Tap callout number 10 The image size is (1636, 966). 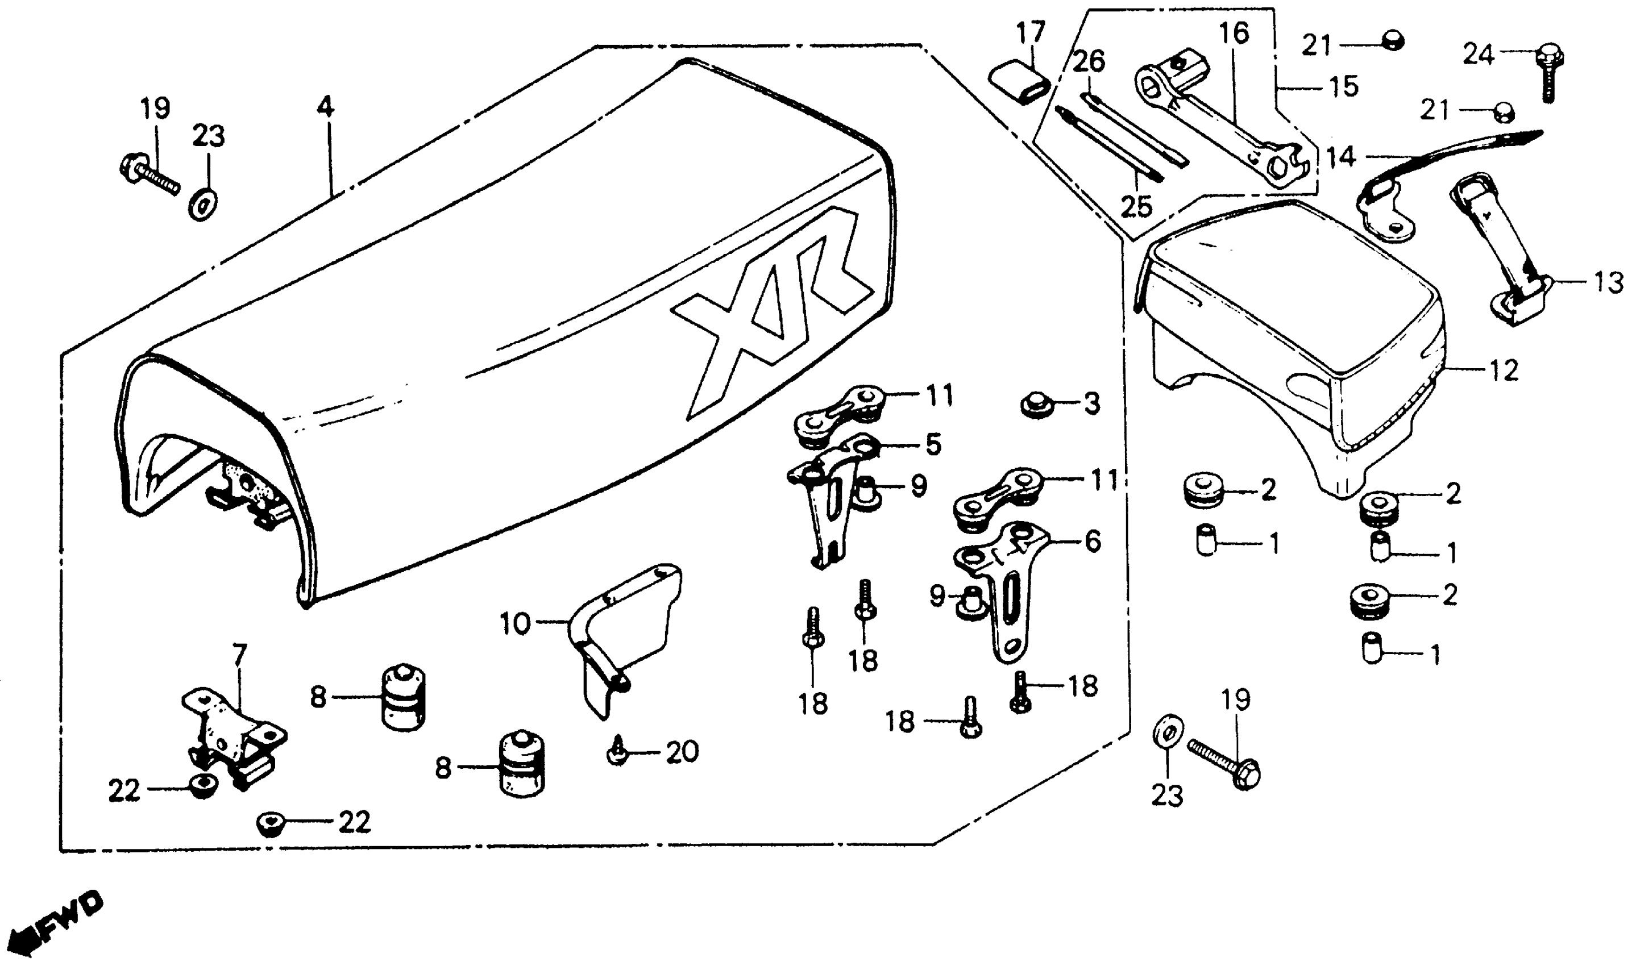(x=516, y=624)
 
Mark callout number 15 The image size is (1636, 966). (x=1344, y=86)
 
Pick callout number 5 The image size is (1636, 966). (x=933, y=445)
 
